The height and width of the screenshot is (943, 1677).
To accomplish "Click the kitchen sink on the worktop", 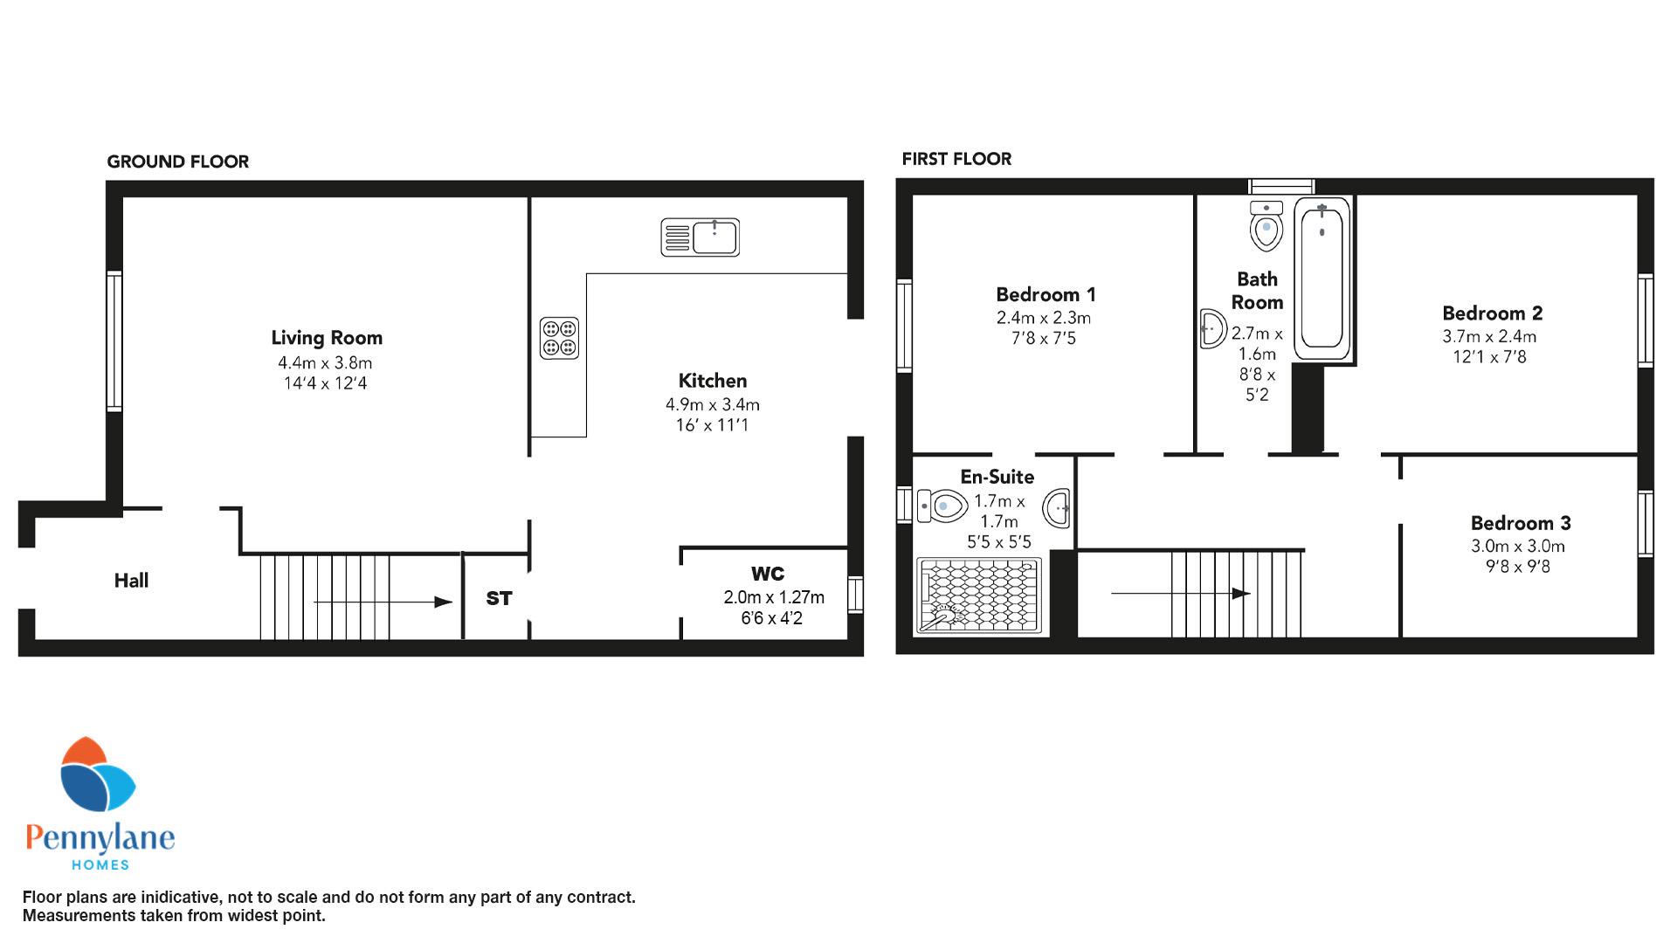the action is pos(700,237).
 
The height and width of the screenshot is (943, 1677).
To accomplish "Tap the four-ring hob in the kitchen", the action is pos(559,338).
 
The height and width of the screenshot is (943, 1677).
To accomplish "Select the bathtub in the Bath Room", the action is pos(1322,279).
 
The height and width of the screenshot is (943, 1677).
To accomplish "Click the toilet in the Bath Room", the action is pos(1266,226).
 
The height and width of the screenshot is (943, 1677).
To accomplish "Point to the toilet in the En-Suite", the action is pos(943,505).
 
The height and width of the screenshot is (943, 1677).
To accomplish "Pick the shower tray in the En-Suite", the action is pos(980,595).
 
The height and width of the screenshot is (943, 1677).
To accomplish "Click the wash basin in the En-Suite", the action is pos(1058,507).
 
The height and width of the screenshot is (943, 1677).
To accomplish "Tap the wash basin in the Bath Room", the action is pos(1212,329).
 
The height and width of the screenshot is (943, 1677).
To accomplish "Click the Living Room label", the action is pos(327,338).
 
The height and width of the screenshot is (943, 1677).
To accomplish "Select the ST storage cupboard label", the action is pos(499,598).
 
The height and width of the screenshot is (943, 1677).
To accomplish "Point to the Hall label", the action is pos(131,581).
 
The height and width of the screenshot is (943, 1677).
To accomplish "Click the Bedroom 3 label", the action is pos(1521,523).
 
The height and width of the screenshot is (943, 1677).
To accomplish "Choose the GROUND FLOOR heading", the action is pos(178,162).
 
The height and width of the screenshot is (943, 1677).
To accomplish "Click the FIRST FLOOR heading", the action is pos(956,159).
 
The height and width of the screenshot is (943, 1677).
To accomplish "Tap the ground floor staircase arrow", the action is pos(383,602).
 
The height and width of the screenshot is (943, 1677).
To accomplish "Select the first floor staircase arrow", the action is pos(1180,594).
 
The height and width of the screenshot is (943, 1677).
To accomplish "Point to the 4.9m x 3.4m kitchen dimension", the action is pos(713,405).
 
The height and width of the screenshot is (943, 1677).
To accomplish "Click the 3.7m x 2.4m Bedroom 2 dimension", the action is pos(1489,336).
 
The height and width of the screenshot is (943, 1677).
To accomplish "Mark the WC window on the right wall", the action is pos(855,594).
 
